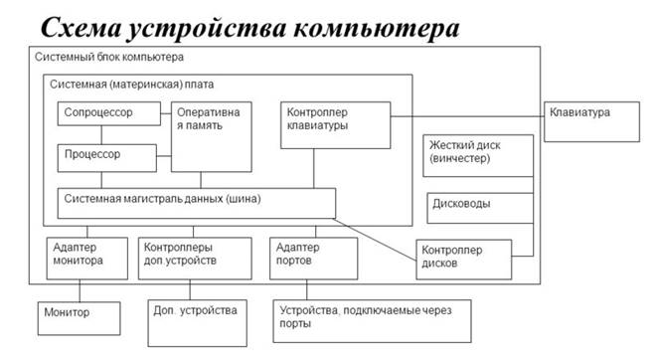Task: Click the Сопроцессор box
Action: pos(108,113)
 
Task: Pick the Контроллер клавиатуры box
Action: pos(333,124)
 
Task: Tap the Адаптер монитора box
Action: pos(86,256)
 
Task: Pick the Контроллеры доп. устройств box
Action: pos(193,256)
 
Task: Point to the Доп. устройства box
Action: pos(195,316)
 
